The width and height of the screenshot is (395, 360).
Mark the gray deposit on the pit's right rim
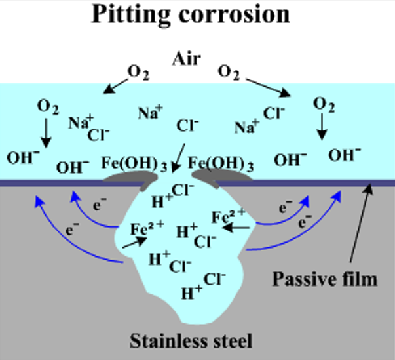click(210, 176)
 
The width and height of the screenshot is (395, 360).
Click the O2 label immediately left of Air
click(137, 74)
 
